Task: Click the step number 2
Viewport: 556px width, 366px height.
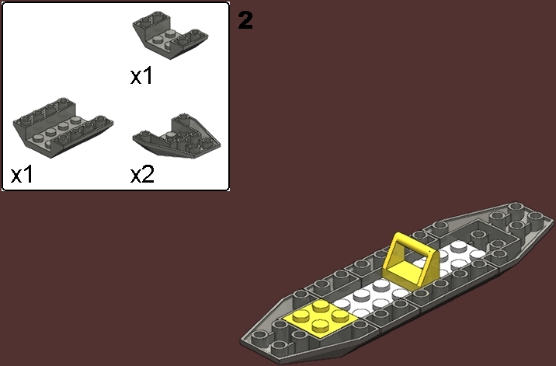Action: pyautogui.click(x=245, y=21)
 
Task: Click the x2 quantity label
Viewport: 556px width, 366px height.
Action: pyautogui.click(x=142, y=174)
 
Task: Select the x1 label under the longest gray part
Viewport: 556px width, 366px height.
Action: pyautogui.click(x=23, y=174)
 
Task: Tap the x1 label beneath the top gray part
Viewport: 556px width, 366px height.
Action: pyautogui.click(x=142, y=76)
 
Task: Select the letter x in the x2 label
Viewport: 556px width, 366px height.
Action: pyautogui.click(x=136, y=176)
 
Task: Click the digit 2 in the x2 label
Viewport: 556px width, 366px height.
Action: pyautogui.click(x=148, y=174)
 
